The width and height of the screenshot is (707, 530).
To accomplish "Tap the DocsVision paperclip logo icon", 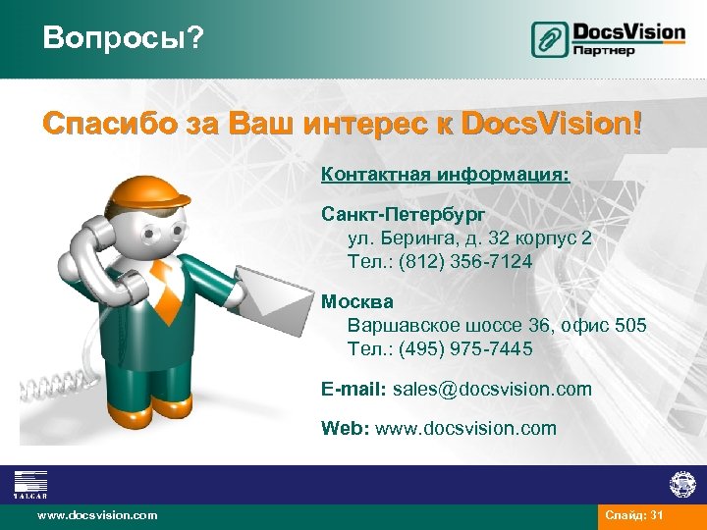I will click(550, 39).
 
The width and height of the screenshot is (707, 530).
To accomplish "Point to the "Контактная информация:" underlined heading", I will click(445, 174).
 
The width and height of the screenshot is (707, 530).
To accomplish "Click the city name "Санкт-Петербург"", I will click(403, 213).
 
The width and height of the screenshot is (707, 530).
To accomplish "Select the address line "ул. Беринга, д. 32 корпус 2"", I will click(469, 238).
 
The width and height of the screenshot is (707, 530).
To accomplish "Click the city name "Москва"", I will click(357, 301).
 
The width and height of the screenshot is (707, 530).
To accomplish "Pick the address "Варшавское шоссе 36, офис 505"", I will click(497, 325).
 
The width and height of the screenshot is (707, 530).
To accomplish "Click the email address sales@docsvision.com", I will click(492, 389).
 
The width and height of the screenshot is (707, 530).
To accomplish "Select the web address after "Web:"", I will click(477, 428).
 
